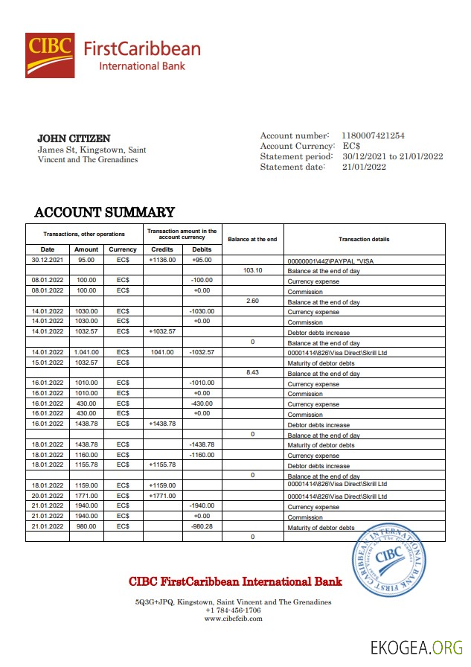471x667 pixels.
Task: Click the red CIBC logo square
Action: pyautogui.click(x=50, y=55)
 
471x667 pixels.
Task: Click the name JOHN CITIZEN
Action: pyautogui.click(x=74, y=138)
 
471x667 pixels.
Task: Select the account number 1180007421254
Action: pyautogui.click(x=373, y=135)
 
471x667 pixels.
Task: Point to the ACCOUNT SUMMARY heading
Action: pyautogui.click(x=105, y=212)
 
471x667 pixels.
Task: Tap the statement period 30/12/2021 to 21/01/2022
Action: pyautogui.click(x=392, y=156)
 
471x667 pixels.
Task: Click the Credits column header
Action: pyautogui.click(x=162, y=249)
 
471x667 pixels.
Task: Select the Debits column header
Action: pyautogui.click(x=202, y=249)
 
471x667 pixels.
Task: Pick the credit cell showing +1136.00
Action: pyautogui.click(x=162, y=260)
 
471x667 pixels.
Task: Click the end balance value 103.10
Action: pyautogui.click(x=253, y=270)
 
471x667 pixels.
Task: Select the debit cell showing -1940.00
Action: pyautogui.click(x=202, y=505)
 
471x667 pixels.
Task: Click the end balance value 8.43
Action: pyautogui.click(x=253, y=373)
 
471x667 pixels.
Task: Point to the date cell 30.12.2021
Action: pyautogui.click(x=48, y=260)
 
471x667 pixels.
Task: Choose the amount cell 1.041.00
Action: pyautogui.click(x=86, y=352)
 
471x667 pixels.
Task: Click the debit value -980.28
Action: pyautogui.click(x=202, y=526)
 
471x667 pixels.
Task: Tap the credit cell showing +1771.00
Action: pyautogui.click(x=162, y=495)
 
